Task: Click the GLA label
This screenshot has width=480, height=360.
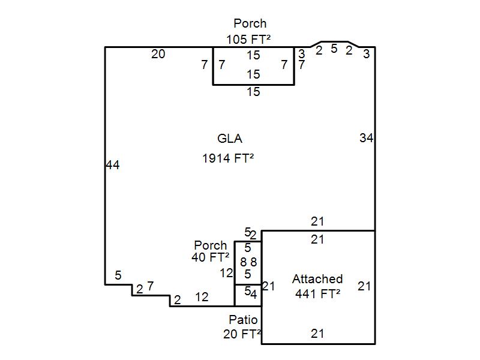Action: pos(230,139)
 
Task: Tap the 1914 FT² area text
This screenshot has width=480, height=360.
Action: pos(228,158)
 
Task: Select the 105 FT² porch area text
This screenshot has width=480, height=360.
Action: pos(248,39)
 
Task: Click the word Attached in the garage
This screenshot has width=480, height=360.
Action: pos(317,279)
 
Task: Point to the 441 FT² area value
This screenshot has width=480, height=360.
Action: pos(317,294)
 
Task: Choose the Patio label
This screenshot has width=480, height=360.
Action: pos(243,320)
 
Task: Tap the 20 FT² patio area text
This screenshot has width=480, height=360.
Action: pos(242,334)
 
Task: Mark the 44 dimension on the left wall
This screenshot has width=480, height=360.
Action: pos(113,164)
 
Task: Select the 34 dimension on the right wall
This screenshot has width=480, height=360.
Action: pos(366,138)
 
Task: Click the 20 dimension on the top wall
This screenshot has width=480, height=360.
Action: pos(158,54)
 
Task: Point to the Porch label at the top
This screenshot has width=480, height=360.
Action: pos(250,23)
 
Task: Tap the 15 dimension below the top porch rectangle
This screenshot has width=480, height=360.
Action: pos(253,92)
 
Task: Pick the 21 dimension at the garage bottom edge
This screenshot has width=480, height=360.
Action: pos(317,334)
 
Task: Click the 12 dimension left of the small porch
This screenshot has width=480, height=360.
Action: pos(226,273)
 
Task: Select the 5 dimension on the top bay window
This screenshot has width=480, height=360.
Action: pos(334,49)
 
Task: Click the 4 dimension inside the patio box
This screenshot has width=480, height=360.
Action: pos(254,294)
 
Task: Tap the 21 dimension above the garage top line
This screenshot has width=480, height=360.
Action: pos(317,221)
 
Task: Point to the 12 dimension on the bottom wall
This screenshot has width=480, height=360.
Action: pos(202,296)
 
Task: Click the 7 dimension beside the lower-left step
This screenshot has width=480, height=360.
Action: pos(150,286)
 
